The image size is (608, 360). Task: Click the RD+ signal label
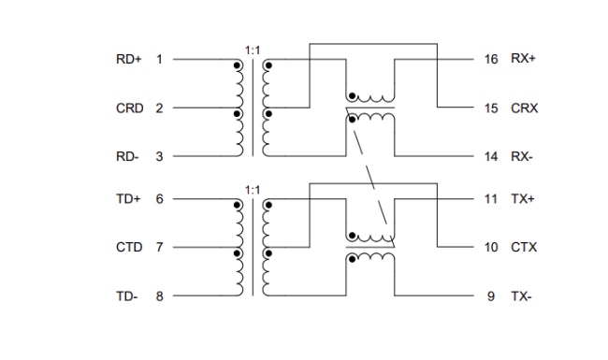[127, 59]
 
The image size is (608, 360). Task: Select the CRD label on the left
[129, 108]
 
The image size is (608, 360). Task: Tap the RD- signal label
[127, 156]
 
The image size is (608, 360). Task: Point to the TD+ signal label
[127, 199]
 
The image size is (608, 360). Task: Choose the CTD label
[129, 248]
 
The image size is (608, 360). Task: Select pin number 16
[491, 59]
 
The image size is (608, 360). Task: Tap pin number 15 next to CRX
[491, 108]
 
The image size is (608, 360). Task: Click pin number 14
[491, 156]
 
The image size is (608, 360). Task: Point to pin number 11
[491, 199]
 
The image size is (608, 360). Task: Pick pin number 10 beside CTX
[491, 248]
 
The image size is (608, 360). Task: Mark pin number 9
[491, 296]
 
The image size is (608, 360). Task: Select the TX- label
[522, 296]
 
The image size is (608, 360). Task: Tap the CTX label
[524, 248]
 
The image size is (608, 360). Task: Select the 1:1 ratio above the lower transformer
[253, 189]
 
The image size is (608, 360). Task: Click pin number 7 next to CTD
[159, 248]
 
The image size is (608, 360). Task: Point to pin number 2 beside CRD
[159, 108]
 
